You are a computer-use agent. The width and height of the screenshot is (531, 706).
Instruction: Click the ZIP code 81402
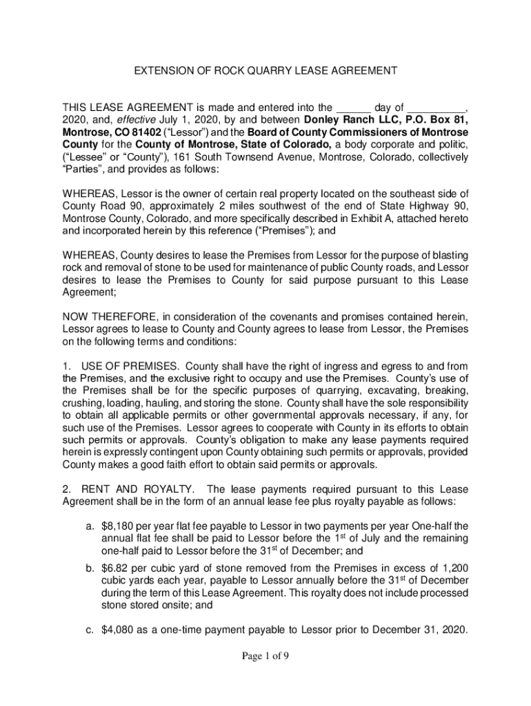143,132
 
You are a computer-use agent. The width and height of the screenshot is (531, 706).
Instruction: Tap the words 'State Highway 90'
426,206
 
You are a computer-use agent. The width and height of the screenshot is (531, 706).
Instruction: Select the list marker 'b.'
90,568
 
